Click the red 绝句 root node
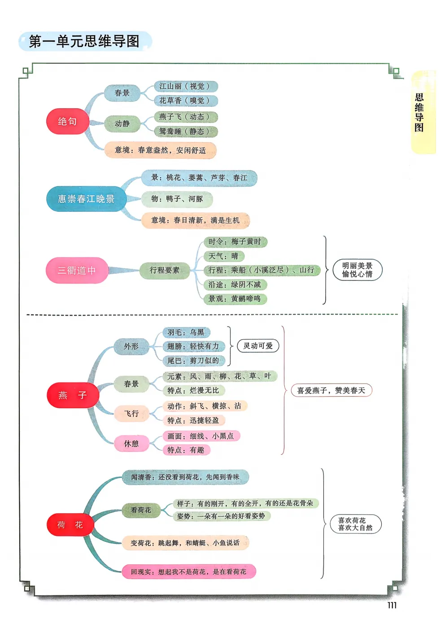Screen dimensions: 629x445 click(67, 121)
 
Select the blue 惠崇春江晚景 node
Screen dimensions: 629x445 click(86, 199)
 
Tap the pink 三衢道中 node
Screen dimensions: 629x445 click(77, 270)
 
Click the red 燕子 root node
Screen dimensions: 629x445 click(73, 395)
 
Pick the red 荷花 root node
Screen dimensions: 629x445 click(70, 525)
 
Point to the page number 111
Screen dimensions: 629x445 click(392, 605)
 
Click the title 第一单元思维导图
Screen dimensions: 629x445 click(84, 41)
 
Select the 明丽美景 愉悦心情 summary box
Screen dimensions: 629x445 click(357, 270)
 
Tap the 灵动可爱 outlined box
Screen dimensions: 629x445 click(258, 346)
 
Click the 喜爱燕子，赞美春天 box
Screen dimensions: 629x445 click(331, 390)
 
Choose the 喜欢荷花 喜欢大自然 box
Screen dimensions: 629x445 click(355, 524)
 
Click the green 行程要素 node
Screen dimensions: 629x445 click(164, 270)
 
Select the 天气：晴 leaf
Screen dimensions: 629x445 click(223, 256)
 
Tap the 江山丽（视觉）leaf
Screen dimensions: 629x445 click(185, 86)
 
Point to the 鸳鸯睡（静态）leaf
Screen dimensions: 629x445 click(185, 131)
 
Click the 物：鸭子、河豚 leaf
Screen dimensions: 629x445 click(177, 199)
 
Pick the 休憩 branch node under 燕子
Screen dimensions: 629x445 click(131, 444)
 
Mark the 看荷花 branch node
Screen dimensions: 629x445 click(141, 510)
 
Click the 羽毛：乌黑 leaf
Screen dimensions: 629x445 click(186, 332)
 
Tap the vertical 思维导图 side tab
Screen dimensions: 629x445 click(419, 112)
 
